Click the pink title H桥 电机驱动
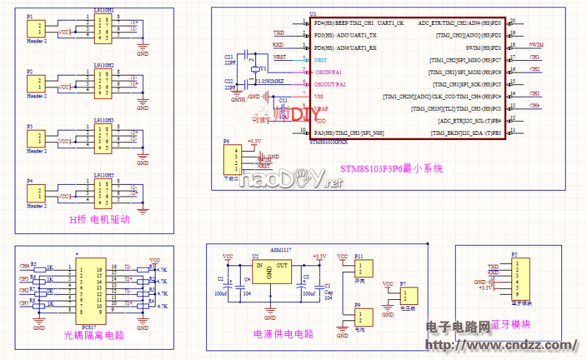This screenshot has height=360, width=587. (x=101, y=220)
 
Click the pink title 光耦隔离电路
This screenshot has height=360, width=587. (x=92, y=335)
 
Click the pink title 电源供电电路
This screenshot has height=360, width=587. (x=283, y=334)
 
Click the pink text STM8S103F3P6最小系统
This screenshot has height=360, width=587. (x=392, y=169)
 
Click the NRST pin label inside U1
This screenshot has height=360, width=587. (x=321, y=59)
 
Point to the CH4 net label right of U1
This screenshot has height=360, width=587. (x=535, y=105)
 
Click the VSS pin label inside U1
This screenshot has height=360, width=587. (x=319, y=97)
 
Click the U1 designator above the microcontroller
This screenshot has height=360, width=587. (x=313, y=14)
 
